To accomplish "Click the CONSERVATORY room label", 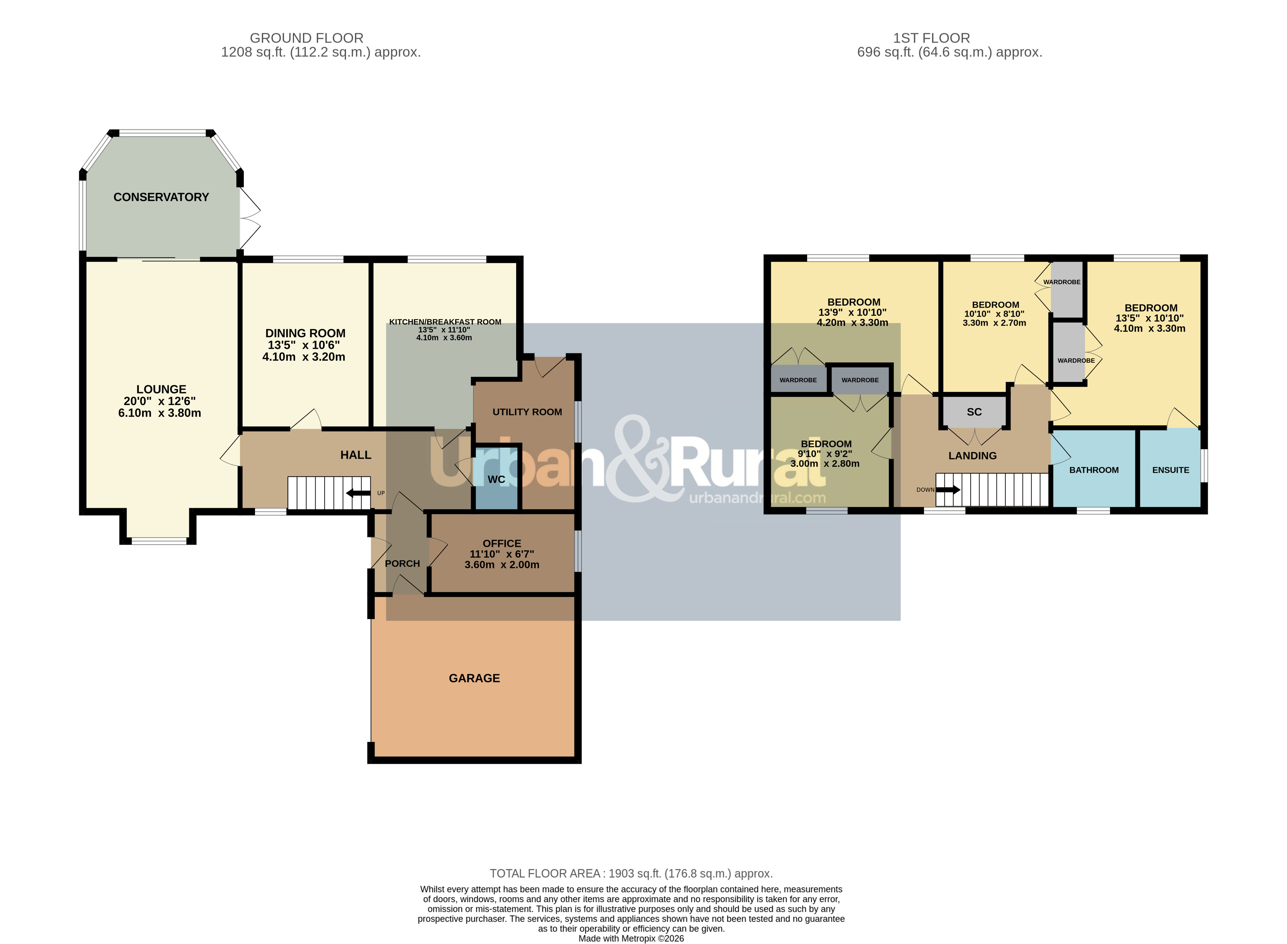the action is click(161, 197).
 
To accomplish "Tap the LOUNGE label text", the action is click(161, 389).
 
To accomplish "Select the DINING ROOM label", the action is click(305, 333).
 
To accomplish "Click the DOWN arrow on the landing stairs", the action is click(948, 490).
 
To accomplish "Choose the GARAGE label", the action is click(474, 678).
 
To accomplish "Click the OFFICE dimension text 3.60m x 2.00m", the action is click(502, 565).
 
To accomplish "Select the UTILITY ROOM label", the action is click(527, 412).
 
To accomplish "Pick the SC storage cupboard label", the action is click(974, 412).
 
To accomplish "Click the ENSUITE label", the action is click(1170, 470).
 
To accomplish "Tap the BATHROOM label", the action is click(1094, 470).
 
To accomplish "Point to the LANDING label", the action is click(973, 456).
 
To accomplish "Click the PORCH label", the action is click(402, 563).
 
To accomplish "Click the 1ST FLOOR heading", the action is click(932, 38).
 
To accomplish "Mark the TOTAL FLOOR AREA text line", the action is click(631, 873).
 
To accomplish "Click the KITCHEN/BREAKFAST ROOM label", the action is click(445, 322).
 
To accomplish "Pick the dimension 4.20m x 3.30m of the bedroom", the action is click(852, 322).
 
